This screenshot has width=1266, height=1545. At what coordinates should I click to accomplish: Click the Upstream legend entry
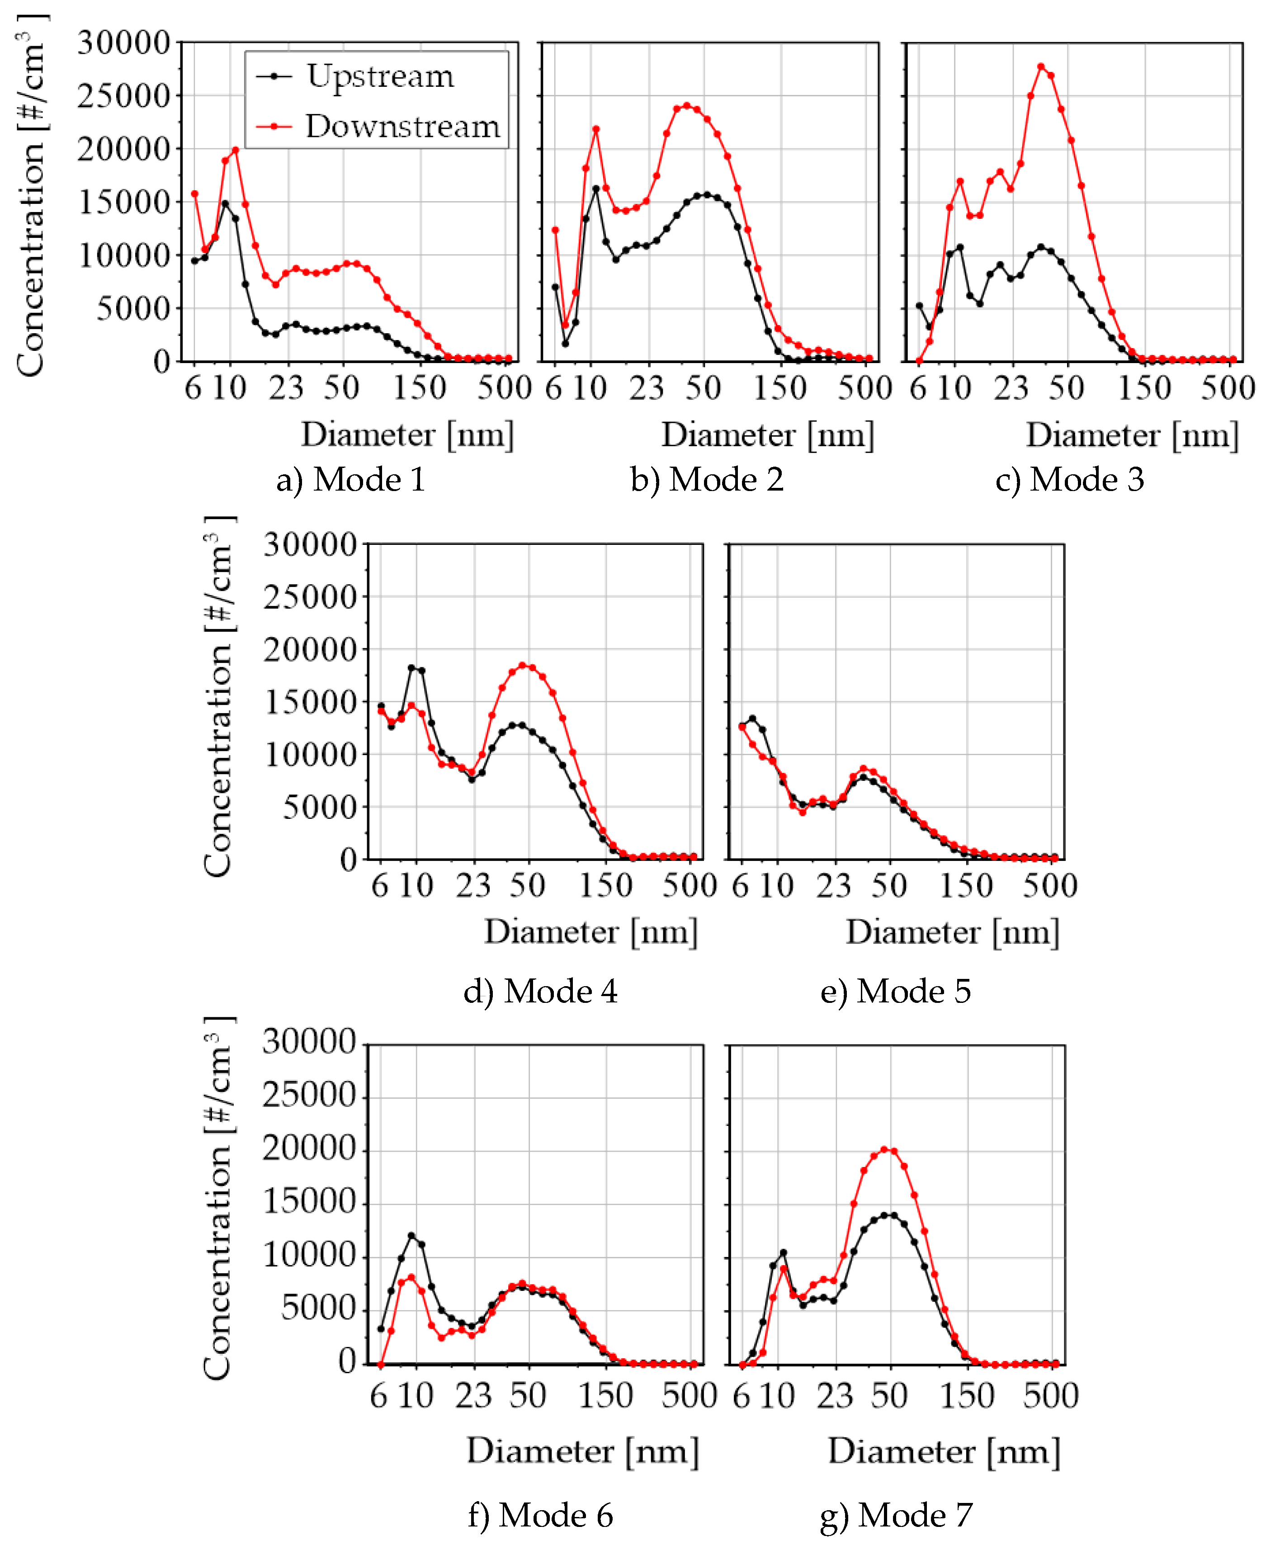point(379,76)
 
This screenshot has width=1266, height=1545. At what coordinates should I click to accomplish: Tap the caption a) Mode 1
point(351,479)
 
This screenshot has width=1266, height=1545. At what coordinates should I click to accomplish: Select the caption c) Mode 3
point(1069,479)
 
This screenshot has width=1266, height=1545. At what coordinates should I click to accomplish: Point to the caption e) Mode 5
point(896,991)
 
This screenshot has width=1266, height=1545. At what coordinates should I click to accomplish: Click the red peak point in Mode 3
point(1041,67)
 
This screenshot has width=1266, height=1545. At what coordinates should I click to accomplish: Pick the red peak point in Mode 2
point(686,106)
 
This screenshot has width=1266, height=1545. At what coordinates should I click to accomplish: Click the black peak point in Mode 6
point(411,1236)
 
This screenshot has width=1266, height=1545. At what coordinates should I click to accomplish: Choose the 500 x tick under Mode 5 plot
point(1049,886)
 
